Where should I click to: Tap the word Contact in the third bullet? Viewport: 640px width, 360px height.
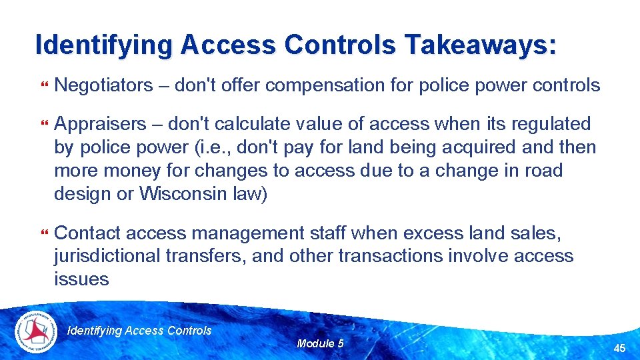(x=87, y=233)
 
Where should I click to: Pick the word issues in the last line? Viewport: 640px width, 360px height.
(x=81, y=279)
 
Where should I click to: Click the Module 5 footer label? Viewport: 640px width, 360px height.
(x=320, y=343)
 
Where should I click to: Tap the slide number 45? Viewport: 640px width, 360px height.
(x=619, y=348)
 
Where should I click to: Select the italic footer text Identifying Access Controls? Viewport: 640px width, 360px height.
(x=140, y=331)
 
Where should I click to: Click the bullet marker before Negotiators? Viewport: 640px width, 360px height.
(x=45, y=86)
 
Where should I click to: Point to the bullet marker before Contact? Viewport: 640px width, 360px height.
(x=45, y=234)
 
